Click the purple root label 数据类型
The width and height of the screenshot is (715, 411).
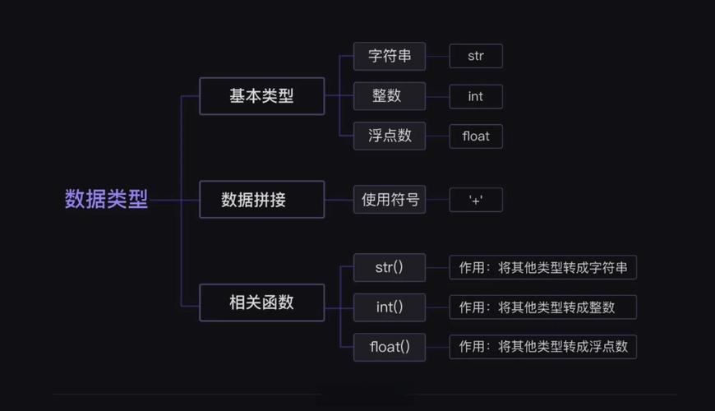pyautogui.click(x=106, y=200)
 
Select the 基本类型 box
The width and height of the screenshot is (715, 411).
pyautogui.click(x=261, y=96)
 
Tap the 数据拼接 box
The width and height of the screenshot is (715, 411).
pyautogui.click(x=261, y=200)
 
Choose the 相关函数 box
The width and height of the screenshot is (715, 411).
pyautogui.click(x=261, y=302)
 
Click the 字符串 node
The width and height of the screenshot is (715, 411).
pyautogui.click(x=390, y=56)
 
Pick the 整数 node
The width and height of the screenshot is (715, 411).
pyautogui.click(x=390, y=96)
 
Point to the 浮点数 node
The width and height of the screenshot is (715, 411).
pyautogui.click(x=390, y=136)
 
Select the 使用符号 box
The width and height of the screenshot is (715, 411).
pyautogui.click(x=390, y=200)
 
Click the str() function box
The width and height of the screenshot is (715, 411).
pyautogui.click(x=390, y=267)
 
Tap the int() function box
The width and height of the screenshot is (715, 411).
pyautogui.click(x=390, y=307)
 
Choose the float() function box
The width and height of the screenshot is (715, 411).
pyautogui.click(x=390, y=347)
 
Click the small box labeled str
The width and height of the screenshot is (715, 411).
pyautogui.click(x=476, y=56)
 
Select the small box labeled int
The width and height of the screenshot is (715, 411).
pyautogui.click(x=476, y=96)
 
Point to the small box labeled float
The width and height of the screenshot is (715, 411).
pyautogui.click(x=476, y=136)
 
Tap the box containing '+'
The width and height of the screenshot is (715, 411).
pyautogui.click(x=476, y=200)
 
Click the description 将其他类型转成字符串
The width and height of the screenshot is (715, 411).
pyautogui.click(x=543, y=267)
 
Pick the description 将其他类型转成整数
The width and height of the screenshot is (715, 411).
pyautogui.click(x=543, y=307)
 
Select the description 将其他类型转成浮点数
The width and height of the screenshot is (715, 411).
pyautogui.click(x=543, y=347)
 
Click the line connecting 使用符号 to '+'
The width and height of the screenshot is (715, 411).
pyautogui.click(x=437, y=200)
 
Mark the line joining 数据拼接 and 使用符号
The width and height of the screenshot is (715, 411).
pyautogui.click(x=339, y=200)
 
